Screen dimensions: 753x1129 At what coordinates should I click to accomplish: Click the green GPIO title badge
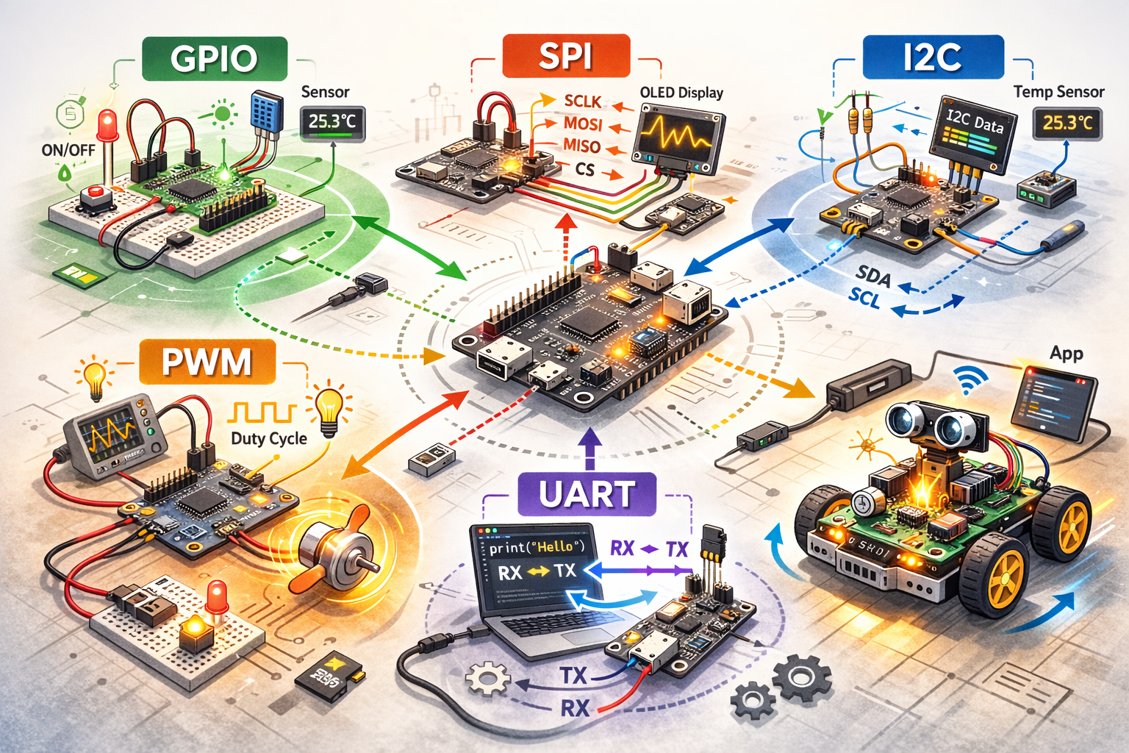[x=214, y=59]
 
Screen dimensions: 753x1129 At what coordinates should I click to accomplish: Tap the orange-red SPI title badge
[x=565, y=56]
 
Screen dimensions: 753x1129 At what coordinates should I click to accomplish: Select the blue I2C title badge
[x=932, y=57]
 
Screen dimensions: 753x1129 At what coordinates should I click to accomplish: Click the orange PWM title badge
[x=207, y=362]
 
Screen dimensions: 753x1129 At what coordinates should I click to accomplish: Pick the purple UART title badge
[x=587, y=494]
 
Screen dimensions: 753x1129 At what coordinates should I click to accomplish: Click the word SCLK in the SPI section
[x=582, y=101]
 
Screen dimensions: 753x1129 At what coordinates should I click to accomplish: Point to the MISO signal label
[x=581, y=146]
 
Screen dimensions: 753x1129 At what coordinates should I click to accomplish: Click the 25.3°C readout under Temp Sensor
[x=1067, y=123]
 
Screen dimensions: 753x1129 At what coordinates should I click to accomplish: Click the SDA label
[x=873, y=276]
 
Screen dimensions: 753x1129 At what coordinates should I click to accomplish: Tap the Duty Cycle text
[x=268, y=439]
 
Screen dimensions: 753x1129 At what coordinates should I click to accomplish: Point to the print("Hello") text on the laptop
[x=536, y=547]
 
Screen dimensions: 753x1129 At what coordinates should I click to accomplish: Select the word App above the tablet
[x=1066, y=353]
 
